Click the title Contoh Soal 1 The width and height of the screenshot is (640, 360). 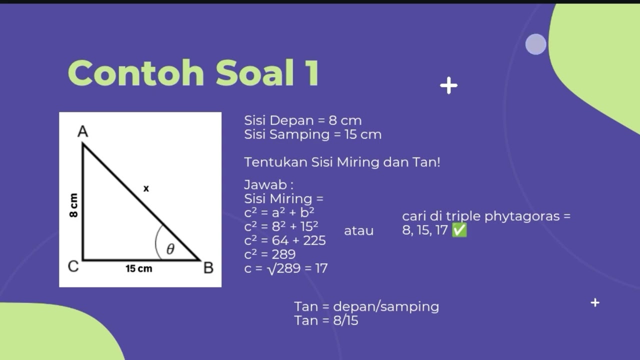[193, 73]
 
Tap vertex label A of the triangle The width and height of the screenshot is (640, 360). [83, 131]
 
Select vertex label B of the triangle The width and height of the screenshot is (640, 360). [208, 268]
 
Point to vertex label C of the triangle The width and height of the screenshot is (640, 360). [73, 266]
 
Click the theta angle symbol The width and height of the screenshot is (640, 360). [170, 249]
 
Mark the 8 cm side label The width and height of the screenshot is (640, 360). [74, 205]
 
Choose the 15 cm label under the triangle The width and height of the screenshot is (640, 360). [139, 269]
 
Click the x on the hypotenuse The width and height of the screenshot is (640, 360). [146, 188]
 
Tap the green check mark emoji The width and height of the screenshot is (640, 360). [459, 230]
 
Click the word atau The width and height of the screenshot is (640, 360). [358, 231]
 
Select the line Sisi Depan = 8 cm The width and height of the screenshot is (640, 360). [302, 120]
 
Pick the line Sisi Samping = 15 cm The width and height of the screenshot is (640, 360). [312, 134]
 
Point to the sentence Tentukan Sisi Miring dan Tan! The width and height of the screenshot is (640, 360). [342, 162]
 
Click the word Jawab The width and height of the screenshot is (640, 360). [268, 185]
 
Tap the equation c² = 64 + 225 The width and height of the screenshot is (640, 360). [285, 240]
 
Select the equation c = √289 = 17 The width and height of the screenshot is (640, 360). [285, 268]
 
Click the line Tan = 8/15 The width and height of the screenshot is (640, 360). [326, 320]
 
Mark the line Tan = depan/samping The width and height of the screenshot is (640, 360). [366, 306]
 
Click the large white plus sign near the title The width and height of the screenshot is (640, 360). [448, 85]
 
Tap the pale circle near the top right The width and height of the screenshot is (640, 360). [535, 44]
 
